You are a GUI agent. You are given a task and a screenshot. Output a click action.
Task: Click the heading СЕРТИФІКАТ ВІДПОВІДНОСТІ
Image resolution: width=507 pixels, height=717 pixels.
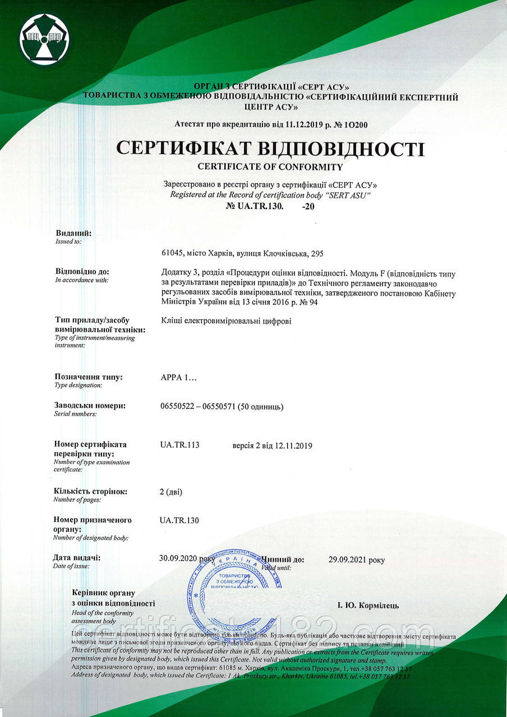tap(270, 149)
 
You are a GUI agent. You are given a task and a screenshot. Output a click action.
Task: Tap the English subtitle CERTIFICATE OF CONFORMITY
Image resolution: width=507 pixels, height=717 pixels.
tap(270, 166)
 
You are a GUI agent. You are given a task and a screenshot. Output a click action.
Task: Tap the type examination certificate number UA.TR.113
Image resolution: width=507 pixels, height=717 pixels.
tap(179, 445)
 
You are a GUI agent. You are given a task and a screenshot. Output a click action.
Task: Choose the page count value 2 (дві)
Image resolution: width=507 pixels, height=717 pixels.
tap(171, 492)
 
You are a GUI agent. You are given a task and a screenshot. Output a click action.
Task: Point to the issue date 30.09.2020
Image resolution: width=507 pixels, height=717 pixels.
tap(179, 558)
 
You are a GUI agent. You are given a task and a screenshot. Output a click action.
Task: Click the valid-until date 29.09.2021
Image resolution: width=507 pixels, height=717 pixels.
tap(348, 559)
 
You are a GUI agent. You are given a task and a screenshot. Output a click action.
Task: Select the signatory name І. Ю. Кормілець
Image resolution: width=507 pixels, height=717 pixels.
tap(368, 605)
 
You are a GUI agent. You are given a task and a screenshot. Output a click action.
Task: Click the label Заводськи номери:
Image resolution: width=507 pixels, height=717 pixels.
tap(90, 406)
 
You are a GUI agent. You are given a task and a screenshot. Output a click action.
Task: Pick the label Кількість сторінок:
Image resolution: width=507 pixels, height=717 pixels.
tap(90, 491)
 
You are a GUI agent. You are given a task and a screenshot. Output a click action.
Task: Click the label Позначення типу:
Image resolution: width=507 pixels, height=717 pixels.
tap(88, 377)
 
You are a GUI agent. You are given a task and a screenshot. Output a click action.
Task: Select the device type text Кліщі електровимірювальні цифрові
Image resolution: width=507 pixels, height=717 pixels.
tap(225, 321)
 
